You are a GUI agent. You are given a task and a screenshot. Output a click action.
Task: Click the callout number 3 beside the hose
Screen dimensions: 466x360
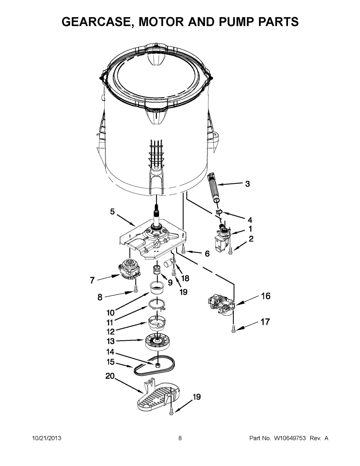pyautogui.click(x=247, y=184)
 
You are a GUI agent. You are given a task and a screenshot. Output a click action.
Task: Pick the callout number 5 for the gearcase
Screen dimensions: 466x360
pyautogui.click(x=112, y=212)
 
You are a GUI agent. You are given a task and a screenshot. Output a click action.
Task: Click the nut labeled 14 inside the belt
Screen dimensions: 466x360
pyautogui.click(x=157, y=365)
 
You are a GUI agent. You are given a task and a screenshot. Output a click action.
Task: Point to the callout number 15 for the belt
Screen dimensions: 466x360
pyautogui.click(x=111, y=362)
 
